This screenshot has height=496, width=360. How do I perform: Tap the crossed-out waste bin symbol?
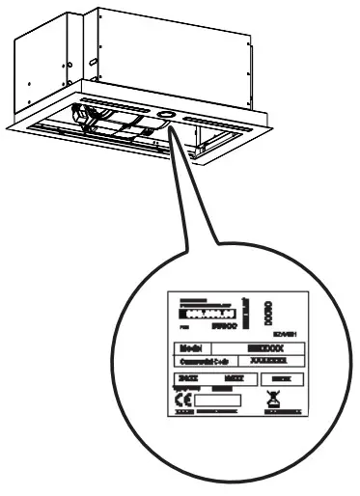271,397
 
